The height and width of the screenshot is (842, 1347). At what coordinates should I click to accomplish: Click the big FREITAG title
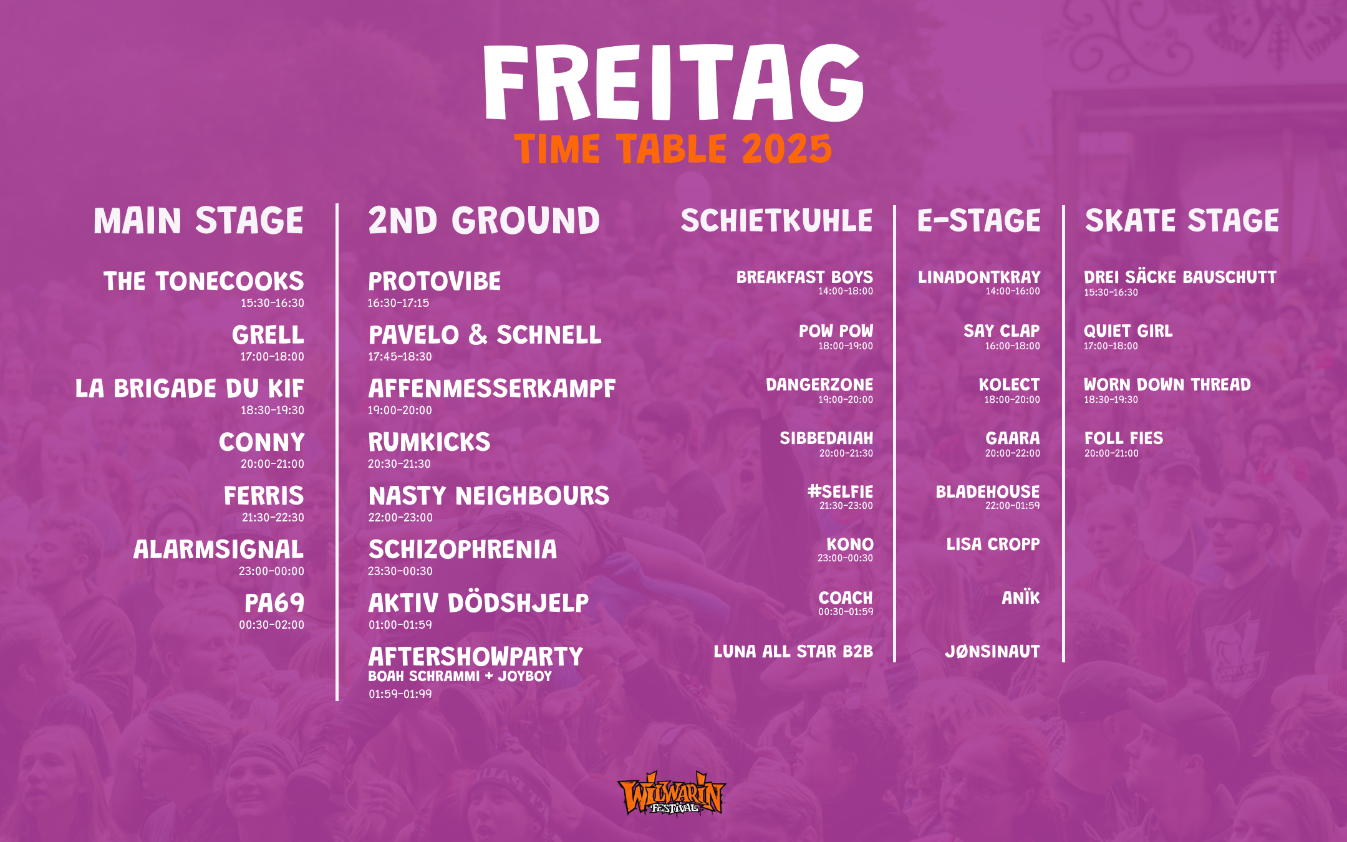click(x=673, y=82)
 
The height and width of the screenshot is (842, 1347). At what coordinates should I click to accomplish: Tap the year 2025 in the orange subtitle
click(x=787, y=149)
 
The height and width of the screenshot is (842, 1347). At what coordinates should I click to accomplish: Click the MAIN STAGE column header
click(x=198, y=221)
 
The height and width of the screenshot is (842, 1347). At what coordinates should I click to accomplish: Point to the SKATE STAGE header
click(x=1182, y=221)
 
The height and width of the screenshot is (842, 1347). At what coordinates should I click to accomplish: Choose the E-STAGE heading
click(x=979, y=221)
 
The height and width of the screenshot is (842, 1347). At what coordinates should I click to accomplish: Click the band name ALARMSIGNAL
click(x=219, y=549)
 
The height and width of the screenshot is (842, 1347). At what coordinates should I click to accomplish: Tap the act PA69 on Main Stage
click(x=274, y=603)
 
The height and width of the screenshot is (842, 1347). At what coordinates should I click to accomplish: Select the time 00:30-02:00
click(x=272, y=625)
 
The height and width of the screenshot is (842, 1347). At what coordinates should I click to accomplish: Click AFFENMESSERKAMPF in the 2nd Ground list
click(x=492, y=389)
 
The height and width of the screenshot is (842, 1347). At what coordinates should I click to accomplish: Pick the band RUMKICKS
click(x=429, y=442)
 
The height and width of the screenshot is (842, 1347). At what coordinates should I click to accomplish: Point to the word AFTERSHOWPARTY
click(x=475, y=657)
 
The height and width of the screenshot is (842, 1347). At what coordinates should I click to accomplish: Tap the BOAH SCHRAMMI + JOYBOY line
click(x=460, y=676)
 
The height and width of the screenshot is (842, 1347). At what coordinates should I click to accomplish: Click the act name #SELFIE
click(x=840, y=491)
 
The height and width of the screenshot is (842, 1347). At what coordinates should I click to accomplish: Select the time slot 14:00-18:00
click(x=846, y=291)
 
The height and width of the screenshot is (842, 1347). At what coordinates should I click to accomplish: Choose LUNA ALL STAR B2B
click(x=793, y=652)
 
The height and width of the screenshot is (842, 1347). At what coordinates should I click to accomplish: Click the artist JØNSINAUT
click(x=992, y=652)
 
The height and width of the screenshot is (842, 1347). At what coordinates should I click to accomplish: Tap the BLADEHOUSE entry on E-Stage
click(x=988, y=491)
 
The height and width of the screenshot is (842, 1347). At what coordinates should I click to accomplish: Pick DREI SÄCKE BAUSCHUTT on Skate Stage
click(x=1180, y=277)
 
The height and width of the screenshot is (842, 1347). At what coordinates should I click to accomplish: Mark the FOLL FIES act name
click(x=1124, y=438)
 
